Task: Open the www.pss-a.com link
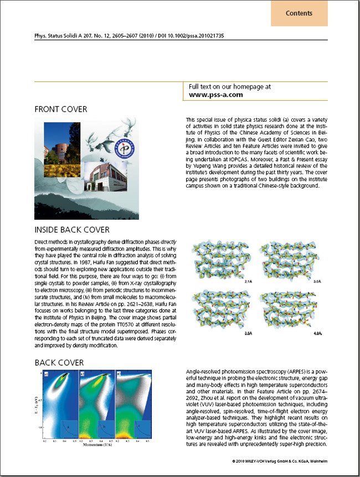point(216,95)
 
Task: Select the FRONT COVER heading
point(61,109)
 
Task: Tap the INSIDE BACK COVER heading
point(72,230)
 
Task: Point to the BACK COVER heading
point(59,363)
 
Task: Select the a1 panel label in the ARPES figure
point(47,374)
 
